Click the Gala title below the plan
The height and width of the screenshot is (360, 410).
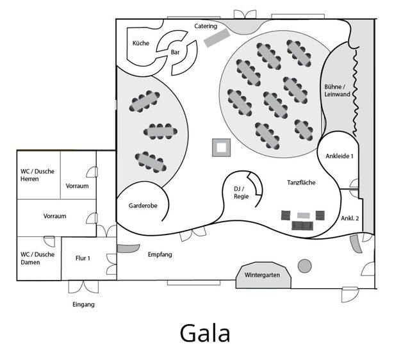point(205,333)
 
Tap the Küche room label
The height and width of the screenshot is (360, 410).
point(141,43)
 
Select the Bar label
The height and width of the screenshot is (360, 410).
point(175,53)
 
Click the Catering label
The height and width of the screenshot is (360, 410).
point(206,26)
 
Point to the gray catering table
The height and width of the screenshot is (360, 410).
point(215,38)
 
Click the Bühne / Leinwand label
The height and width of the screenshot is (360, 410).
point(336,90)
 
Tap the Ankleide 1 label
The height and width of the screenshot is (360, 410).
point(340,156)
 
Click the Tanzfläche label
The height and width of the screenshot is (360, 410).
point(300,183)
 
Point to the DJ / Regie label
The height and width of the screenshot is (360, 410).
point(241,192)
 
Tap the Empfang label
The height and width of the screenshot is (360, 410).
point(160,254)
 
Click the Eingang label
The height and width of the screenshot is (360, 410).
point(83,304)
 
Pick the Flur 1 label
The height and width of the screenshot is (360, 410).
point(83,259)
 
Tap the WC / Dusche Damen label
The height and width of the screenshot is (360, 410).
point(35,258)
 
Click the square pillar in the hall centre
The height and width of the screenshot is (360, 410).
point(221,147)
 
